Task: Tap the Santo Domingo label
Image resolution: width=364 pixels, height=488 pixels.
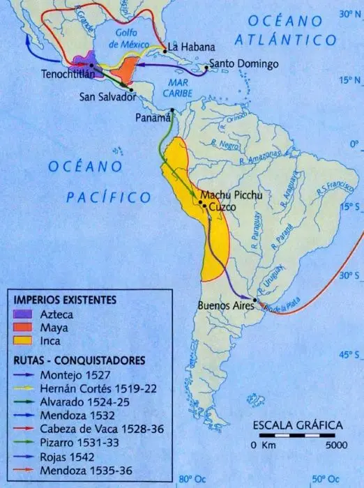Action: pos(244,64)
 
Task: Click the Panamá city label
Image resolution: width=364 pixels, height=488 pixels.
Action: pos(153,118)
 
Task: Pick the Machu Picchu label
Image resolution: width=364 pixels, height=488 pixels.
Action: pos(231,195)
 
